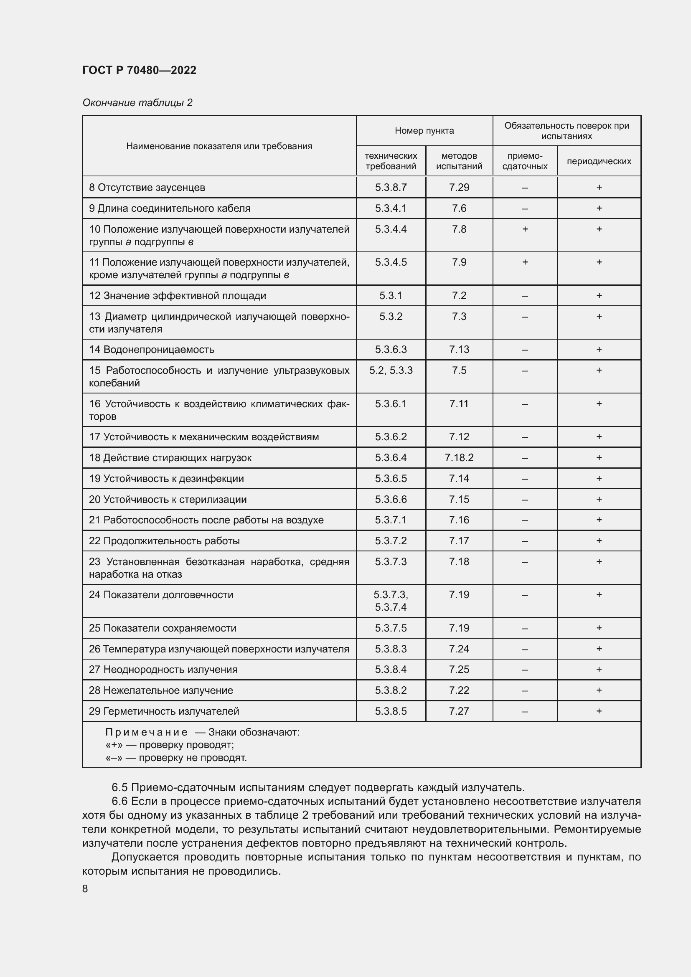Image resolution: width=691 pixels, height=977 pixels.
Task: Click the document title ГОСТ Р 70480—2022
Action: click(x=139, y=70)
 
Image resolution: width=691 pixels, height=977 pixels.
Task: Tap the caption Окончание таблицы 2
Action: click(x=137, y=103)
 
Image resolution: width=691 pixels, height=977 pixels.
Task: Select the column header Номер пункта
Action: click(x=424, y=131)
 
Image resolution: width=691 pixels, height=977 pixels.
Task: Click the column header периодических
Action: click(x=599, y=161)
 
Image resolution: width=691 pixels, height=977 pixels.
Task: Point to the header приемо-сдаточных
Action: click(x=525, y=161)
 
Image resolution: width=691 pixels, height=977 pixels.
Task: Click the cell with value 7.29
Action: click(x=459, y=187)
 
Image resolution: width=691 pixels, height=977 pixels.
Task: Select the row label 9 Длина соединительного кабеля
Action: click(x=169, y=208)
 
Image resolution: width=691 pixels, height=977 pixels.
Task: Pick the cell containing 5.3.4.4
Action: click(x=391, y=229)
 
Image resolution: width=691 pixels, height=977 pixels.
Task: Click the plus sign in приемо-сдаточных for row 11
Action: click(x=525, y=262)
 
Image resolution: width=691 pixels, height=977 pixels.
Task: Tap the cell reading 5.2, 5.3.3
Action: click(x=391, y=370)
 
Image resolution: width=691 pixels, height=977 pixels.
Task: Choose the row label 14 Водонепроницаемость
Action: click(x=152, y=349)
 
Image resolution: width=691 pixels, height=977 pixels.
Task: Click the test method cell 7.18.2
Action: click(x=459, y=457)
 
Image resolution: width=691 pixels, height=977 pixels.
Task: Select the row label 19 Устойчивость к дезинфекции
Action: click(x=166, y=478)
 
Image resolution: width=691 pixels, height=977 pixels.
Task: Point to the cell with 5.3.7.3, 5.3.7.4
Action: click(x=391, y=600)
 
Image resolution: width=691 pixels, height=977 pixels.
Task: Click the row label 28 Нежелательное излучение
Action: click(x=161, y=690)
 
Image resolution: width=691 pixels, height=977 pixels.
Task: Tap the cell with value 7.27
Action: click(x=459, y=711)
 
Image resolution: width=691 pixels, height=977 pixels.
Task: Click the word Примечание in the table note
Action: click(x=146, y=732)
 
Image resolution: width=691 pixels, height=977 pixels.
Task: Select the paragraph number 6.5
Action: click(x=119, y=787)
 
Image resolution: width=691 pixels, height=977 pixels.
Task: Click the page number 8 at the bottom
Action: click(x=85, y=889)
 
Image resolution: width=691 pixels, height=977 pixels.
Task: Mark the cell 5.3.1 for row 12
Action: click(x=391, y=295)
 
